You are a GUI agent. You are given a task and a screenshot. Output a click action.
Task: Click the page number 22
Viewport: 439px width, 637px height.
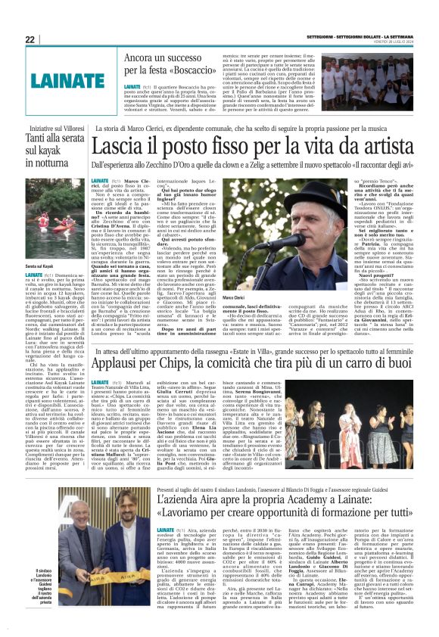pos(30,39)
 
